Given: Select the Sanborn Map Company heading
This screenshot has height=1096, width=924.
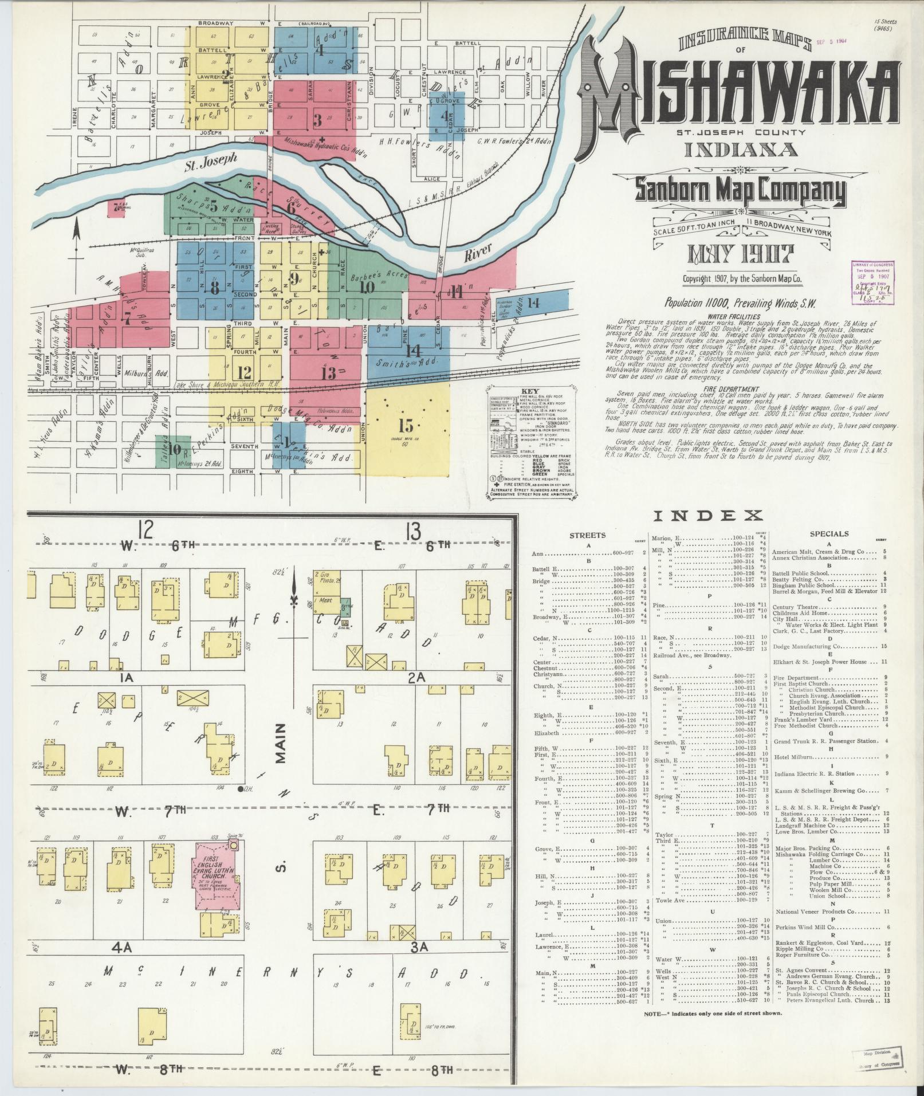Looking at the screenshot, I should (x=739, y=192).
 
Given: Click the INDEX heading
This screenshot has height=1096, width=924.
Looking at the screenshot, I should (x=709, y=516).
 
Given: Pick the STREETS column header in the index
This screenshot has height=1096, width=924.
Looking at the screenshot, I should (x=587, y=535).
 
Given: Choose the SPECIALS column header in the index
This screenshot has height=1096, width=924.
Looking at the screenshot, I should (x=829, y=534).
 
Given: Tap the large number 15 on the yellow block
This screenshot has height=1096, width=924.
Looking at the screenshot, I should (x=406, y=426).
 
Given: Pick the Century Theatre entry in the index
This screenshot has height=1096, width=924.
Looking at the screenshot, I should (x=793, y=606).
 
